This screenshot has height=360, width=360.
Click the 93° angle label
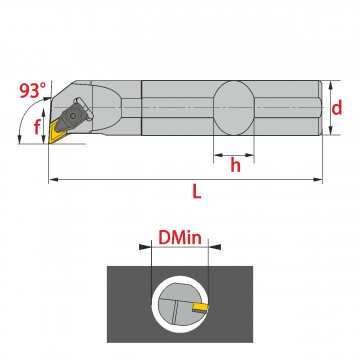tap(32, 90)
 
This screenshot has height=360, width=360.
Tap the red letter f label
tap(37, 127)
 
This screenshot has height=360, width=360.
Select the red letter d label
tap(337, 108)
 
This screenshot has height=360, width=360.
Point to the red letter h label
tap(235, 165)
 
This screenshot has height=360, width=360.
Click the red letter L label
tap(197, 192)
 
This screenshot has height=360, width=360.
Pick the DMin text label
tap(180, 238)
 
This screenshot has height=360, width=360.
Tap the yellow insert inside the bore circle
tap(200, 306)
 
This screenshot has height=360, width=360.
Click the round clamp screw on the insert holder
tap(72, 115)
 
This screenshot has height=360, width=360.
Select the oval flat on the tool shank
tap(234, 108)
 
